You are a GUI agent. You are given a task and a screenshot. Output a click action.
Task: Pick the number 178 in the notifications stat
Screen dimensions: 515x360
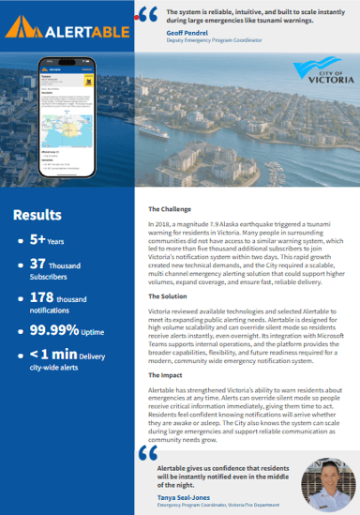click(44, 297)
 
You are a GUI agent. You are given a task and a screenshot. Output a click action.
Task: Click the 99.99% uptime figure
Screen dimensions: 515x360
click(52, 330)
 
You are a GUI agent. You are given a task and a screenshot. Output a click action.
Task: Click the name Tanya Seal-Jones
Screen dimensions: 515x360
click(183, 494)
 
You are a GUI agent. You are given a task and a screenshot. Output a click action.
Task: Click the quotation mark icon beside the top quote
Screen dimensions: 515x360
click(147, 14)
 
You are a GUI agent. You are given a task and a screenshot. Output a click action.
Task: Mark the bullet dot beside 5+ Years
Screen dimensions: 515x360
click(21, 241)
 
